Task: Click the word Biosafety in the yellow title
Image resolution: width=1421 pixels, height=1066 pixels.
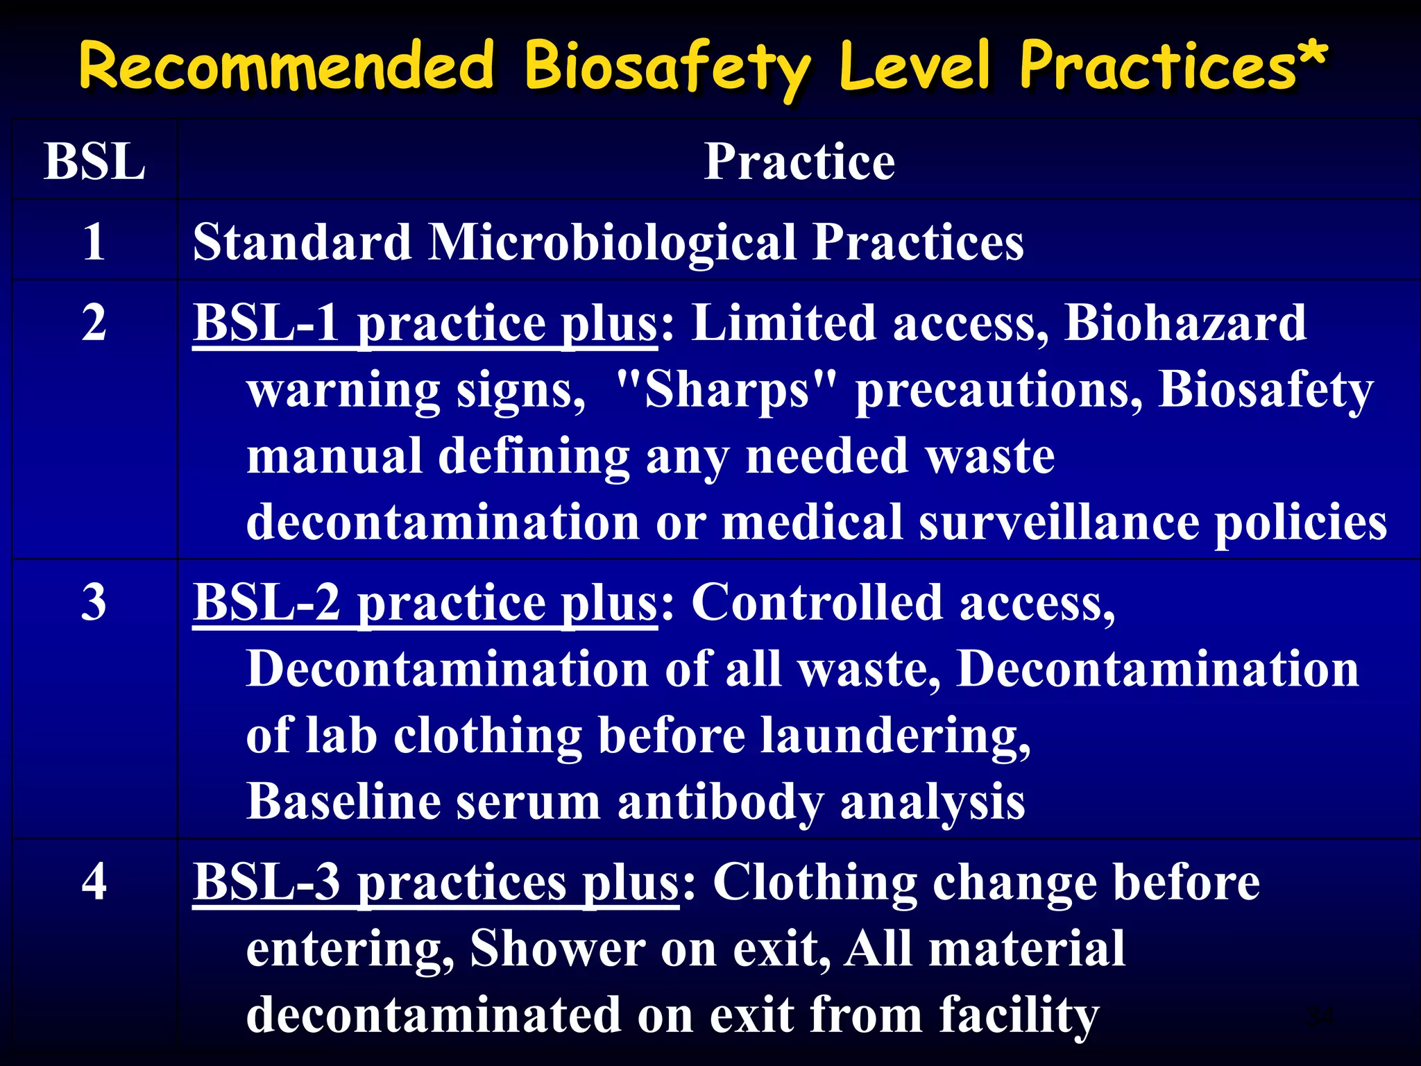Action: (x=666, y=67)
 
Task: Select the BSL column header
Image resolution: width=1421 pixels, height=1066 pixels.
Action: (x=94, y=161)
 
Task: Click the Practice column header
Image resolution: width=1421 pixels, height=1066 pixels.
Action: (x=799, y=161)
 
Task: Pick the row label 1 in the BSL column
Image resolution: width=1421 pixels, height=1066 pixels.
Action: (x=94, y=242)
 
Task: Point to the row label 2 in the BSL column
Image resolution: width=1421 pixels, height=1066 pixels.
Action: (x=94, y=323)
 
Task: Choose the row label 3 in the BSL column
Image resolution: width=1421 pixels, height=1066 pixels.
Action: (x=94, y=602)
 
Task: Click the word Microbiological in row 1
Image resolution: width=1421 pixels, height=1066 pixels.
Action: (x=612, y=243)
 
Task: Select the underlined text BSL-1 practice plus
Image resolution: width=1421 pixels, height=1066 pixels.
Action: (x=425, y=324)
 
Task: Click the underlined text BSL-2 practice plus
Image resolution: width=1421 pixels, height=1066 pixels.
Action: (x=425, y=603)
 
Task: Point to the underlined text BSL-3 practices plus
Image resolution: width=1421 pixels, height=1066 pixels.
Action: (x=436, y=883)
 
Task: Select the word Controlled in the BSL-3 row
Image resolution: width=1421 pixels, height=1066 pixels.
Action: (x=817, y=602)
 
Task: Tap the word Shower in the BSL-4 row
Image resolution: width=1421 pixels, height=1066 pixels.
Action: (x=557, y=948)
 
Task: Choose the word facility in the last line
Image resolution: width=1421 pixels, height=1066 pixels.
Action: (x=1019, y=1015)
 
